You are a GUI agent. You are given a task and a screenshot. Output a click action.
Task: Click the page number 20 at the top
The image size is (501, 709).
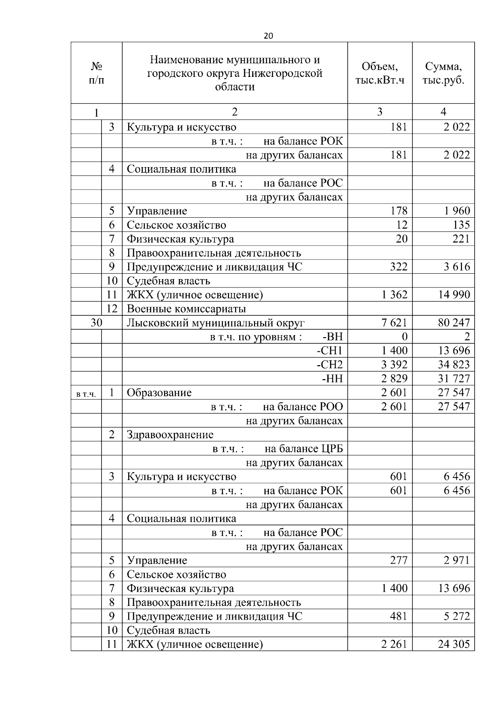click(x=268, y=36)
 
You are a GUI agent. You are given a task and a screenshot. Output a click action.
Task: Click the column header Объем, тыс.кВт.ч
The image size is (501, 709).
click(x=380, y=73)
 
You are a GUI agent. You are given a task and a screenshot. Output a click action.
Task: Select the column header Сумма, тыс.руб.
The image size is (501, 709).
click(x=443, y=73)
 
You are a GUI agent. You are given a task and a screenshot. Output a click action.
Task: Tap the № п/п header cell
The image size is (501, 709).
click(x=96, y=73)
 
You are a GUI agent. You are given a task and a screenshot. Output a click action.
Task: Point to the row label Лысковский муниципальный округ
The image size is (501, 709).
click(x=215, y=323)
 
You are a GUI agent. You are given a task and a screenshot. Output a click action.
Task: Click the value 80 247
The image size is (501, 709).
click(x=453, y=323)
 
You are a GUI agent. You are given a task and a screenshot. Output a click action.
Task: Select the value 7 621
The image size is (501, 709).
click(x=394, y=323)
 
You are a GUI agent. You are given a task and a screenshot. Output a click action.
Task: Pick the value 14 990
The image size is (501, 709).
click(x=453, y=295)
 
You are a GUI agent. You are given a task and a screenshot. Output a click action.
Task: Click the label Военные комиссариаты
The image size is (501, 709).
click(x=186, y=309)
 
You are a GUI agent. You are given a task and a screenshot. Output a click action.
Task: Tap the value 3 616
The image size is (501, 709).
click(x=457, y=267)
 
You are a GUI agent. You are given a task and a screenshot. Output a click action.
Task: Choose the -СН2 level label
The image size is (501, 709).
click(x=329, y=365)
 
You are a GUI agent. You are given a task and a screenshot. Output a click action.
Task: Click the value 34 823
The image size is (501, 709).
click(x=453, y=365)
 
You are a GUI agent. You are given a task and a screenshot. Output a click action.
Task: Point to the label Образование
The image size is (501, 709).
click(x=159, y=393)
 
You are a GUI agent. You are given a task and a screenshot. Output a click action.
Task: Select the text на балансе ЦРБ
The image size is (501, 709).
click(x=304, y=449)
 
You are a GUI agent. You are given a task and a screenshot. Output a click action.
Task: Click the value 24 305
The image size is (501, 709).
click(x=453, y=644)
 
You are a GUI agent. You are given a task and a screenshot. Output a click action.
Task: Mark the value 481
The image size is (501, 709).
click(x=398, y=616)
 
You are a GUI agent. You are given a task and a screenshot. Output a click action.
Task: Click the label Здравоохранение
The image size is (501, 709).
click(x=170, y=435)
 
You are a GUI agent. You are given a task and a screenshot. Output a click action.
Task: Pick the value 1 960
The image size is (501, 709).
click(x=457, y=211)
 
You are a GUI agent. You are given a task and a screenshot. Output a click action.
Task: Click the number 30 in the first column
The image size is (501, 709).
click(x=96, y=323)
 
